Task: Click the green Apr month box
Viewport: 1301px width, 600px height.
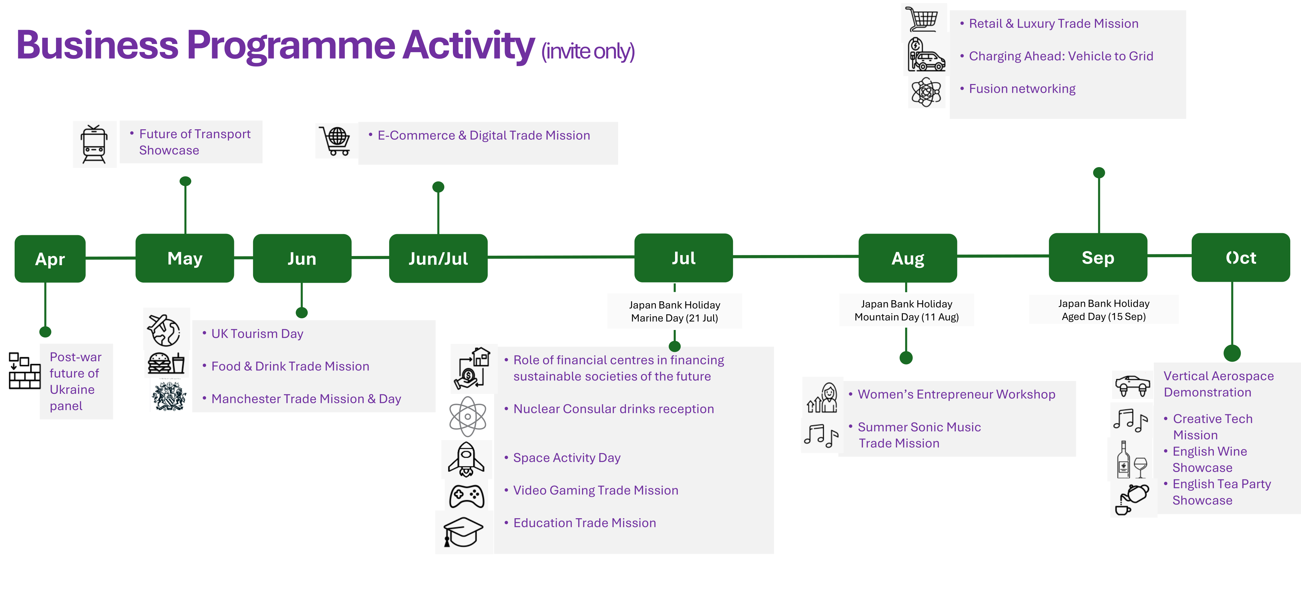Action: (x=50, y=259)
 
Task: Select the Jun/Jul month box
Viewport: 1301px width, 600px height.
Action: (x=438, y=258)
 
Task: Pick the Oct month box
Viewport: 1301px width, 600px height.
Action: (x=1240, y=258)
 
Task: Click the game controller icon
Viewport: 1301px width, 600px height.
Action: (x=467, y=496)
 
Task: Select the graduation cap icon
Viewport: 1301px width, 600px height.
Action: (x=463, y=532)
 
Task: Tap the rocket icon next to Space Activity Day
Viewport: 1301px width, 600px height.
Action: (x=466, y=459)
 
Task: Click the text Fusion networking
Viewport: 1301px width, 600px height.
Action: (x=1022, y=89)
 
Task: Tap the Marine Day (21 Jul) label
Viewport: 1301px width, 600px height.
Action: (x=674, y=318)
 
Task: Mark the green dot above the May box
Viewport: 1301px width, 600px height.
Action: (x=185, y=181)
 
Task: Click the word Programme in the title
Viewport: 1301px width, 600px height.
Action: (x=291, y=46)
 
